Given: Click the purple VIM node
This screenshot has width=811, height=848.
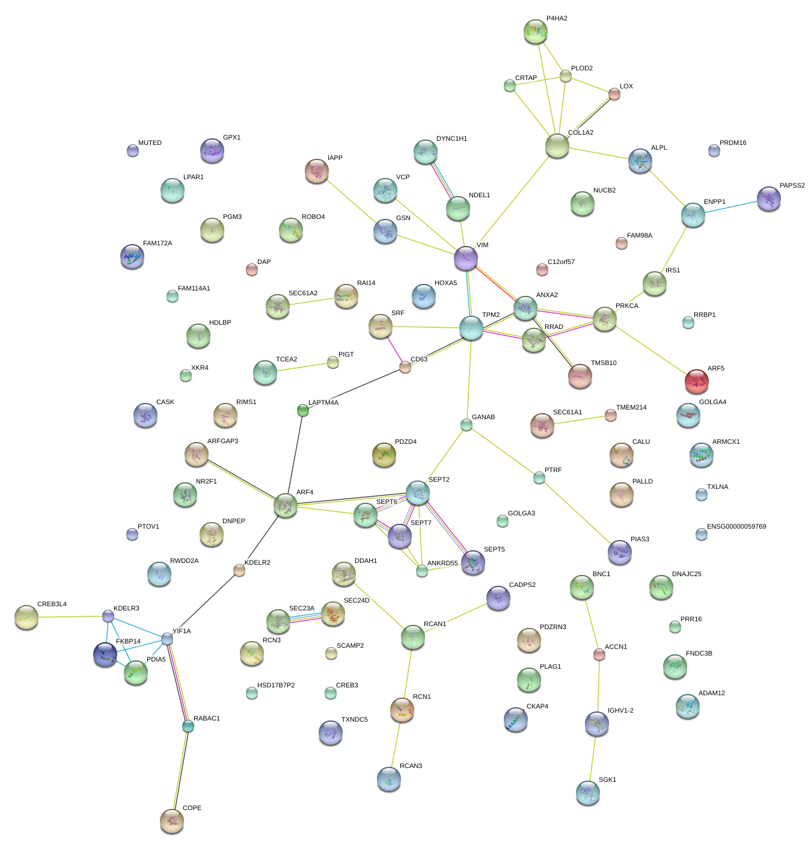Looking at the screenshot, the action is (x=465, y=258).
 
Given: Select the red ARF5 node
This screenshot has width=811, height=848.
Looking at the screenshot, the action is (x=696, y=381).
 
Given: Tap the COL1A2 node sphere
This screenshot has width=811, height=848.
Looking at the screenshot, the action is (x=557, y=146).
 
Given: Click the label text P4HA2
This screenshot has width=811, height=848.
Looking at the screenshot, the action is (x=557, y=19).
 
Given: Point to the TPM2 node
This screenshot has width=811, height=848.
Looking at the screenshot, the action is (x=471, y=328).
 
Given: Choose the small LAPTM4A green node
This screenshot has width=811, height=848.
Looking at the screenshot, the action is (x=303, y=410).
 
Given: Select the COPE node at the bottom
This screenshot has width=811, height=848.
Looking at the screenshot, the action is (x=172, y=820).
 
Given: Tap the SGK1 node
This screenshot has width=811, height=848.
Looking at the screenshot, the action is (x=587, y=793).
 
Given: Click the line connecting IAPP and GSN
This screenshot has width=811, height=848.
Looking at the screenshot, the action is (x=351, y=202).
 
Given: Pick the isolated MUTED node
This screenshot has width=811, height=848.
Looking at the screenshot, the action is (x=133, y=150).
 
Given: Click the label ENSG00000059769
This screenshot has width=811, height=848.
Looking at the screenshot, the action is (x=736, y=527).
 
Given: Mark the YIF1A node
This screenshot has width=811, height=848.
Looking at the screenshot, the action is (x=167, y=639).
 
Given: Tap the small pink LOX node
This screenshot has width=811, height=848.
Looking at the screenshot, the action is (x=614, y=94).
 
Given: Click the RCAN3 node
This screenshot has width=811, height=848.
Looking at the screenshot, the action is (x=388, y=778).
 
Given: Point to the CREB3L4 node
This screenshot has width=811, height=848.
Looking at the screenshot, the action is (x=26, y=617).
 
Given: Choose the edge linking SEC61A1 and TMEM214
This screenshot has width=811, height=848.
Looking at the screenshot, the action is (x=577, y=420).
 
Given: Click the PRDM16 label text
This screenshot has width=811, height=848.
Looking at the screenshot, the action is (x=733, y=143).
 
